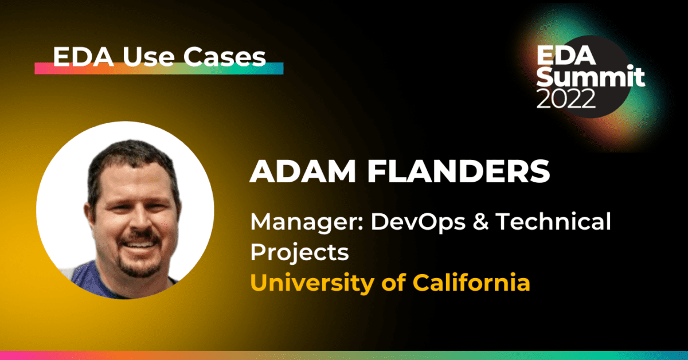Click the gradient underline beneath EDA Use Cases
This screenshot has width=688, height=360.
tap(159, 69)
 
